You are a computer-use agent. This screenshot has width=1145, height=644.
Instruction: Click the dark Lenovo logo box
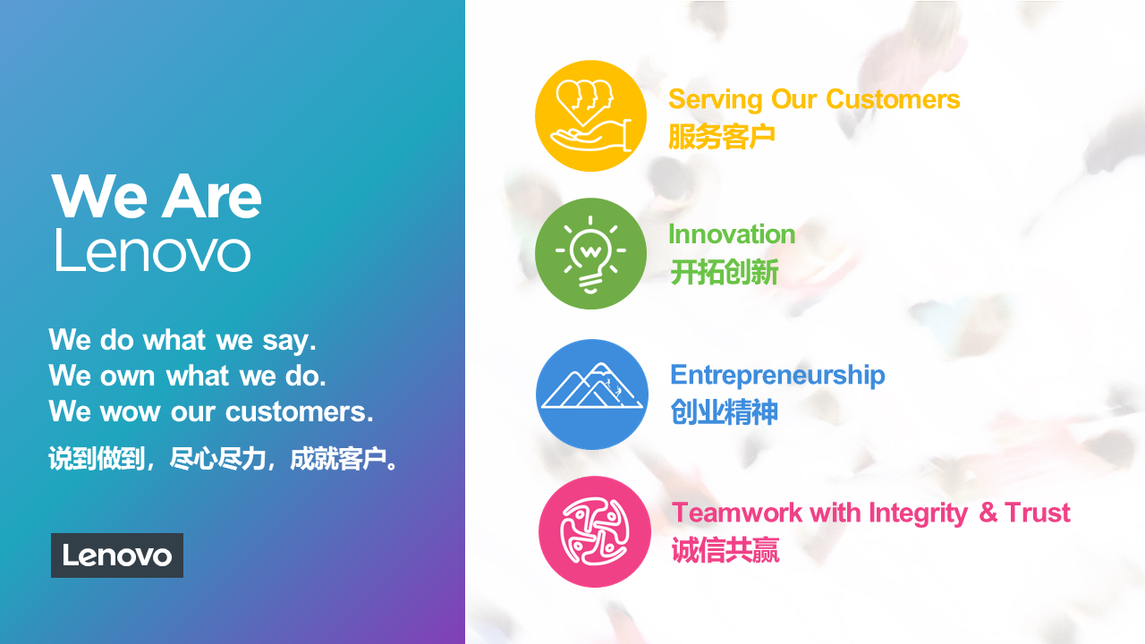[x=117, y=555]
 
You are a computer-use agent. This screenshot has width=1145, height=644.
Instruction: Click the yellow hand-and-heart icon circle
[x=590, y=116]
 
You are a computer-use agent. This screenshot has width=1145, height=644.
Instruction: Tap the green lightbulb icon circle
[x=590, y=253]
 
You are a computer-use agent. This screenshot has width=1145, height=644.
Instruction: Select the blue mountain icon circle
[x=592, y=394]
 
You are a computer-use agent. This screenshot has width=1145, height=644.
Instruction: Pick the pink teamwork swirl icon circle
[x=595, y=531]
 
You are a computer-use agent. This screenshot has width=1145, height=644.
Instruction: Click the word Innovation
[x=732, y=234]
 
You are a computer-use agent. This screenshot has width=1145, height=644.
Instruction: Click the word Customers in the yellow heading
[x=893, y=99]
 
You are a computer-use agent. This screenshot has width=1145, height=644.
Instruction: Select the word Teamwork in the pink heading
[x=736, y=513]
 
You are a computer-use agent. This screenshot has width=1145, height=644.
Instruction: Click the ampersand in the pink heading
[x=988, y=513]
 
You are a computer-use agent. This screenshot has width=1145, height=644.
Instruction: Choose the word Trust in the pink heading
[x=1037, y=513]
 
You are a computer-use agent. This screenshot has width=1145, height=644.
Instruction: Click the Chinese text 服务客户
[x=722, y=137]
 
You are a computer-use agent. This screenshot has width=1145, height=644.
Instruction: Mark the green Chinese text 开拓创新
[x=724, y=273]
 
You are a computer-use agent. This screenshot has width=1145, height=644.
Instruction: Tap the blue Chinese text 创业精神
[x=724, y=412]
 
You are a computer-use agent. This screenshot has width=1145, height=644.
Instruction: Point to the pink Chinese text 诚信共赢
[x=725, y=550]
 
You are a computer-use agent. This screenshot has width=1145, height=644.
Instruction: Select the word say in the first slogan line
[x=289, y=342]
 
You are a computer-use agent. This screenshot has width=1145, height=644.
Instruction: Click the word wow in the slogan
[x=130, y=412]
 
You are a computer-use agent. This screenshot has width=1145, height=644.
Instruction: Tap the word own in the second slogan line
[x=127, y=377]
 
